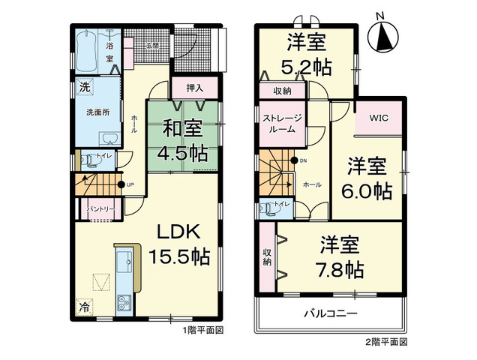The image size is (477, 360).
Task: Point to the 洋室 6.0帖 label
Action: (367, 177)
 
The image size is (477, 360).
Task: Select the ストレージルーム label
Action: (282, 123)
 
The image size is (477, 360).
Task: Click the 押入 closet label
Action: (195, 88)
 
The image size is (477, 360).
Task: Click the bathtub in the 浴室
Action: (88, 48)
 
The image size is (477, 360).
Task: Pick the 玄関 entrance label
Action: (152, 46)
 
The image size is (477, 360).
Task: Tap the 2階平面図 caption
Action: (385, 341)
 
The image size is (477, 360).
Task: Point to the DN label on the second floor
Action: (304, 160)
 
